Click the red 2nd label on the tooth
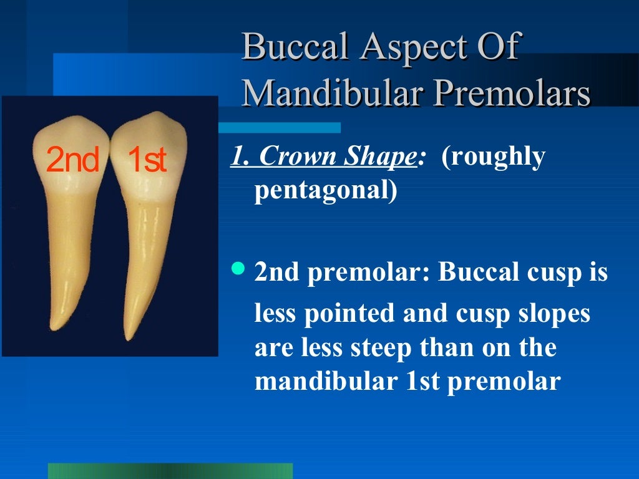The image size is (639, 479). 72,161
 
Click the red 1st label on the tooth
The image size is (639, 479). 147,161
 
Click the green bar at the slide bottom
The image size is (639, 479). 170,470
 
